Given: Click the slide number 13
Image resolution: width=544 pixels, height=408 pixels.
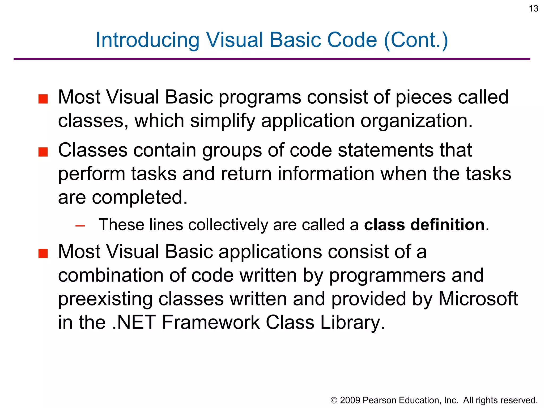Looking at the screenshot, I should click(x=533, y=8).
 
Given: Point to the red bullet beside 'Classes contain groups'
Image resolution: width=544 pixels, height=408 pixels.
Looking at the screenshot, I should click(x=43, y=152).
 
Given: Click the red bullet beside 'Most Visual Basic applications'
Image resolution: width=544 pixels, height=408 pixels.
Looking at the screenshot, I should click(x=43, y=253).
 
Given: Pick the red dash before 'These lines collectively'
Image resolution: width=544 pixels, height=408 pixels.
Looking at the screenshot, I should click(x=80, y=226).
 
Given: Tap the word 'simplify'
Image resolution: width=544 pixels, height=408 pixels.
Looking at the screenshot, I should click(x=222, y=121).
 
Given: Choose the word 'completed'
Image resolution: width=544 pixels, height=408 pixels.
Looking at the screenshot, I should click(x=139, y=197).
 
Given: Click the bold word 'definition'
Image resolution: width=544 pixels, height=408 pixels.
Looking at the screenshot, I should click(x=448, y=225).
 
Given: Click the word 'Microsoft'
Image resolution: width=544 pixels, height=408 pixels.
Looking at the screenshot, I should click(x=478, y=299).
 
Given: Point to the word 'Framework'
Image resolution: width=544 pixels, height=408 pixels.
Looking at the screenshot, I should click(x=211, y=322).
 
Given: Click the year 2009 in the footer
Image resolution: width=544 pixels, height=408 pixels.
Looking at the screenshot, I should click(x=350, y=400).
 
